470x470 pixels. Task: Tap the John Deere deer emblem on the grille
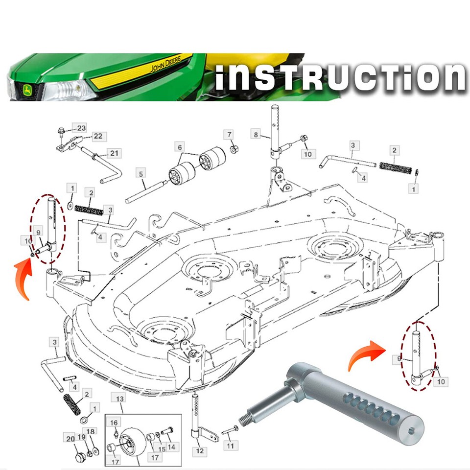(23, 91)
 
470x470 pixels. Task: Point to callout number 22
(98, 136)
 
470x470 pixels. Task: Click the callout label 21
(114, 154)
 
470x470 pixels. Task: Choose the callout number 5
(141, 173)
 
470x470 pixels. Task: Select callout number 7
(229, 134)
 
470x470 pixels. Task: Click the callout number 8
(255, 134)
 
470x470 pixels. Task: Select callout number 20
(70, 438)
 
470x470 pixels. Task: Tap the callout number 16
(114, 423)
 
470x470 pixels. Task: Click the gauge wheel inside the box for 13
(132, 441)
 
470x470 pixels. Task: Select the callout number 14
(171, 447)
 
